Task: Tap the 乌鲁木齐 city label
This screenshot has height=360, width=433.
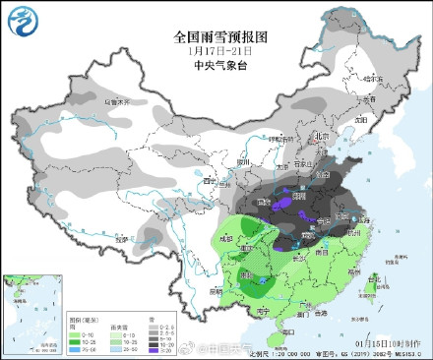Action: click(x=116, y=100)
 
